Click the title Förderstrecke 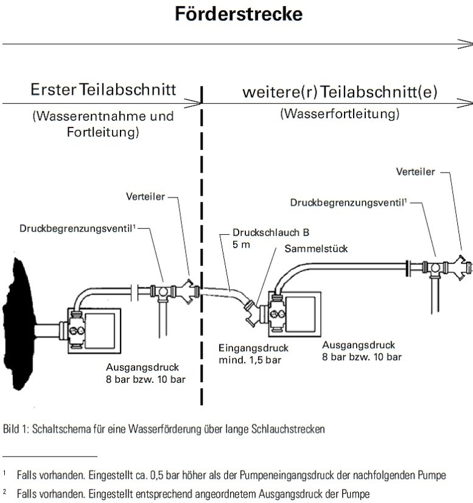239,14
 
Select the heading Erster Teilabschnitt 104,90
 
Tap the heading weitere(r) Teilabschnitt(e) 340,92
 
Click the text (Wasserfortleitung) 340,114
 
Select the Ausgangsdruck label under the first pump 136,368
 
